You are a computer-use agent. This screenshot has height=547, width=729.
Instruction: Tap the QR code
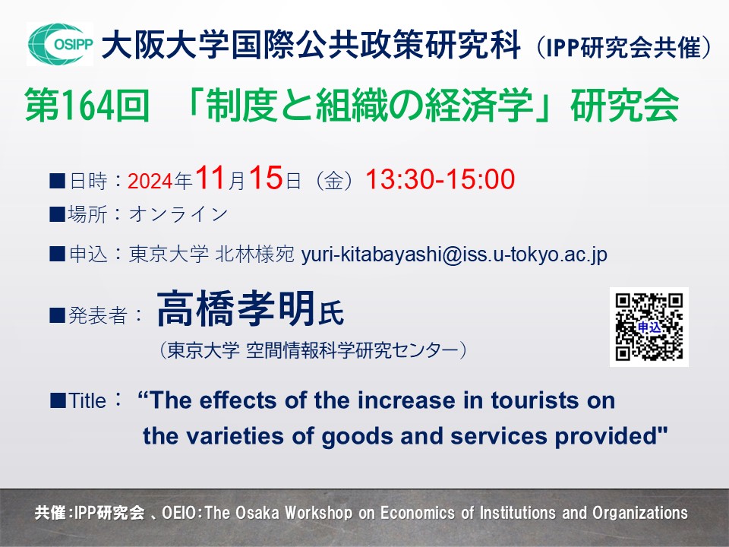click(649, 327)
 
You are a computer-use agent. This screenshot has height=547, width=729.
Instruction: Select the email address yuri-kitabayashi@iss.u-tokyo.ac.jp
click(454, 255)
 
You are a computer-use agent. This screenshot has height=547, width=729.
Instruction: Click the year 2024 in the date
click(151, 181)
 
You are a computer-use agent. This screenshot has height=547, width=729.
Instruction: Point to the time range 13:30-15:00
click(440, 179)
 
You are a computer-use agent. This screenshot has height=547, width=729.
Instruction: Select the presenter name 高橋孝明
click(235, 309)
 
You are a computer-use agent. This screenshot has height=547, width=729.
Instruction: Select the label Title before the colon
click(87, 401)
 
